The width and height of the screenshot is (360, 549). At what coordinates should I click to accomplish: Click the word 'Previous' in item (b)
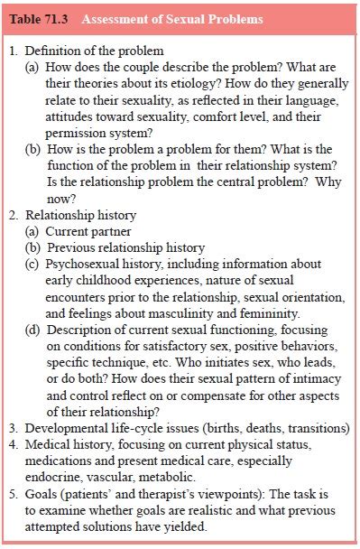tap(71, 247)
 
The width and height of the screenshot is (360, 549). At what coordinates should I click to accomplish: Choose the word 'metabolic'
tap(165, 476)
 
